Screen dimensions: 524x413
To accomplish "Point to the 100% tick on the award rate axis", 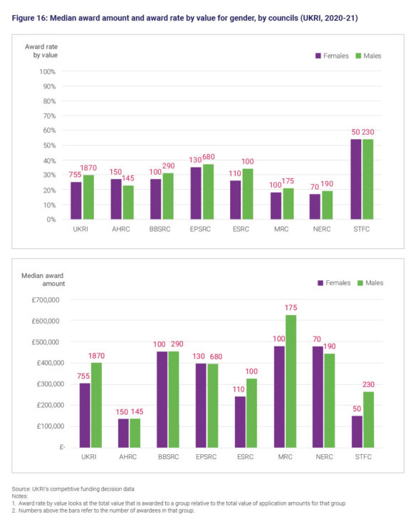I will [x=46, y=72].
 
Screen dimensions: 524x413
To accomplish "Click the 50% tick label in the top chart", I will [x=48, y=145].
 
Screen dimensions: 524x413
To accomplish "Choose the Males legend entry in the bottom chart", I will [x=372, y=283].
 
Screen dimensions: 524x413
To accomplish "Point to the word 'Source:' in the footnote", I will [x=22, y=488].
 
